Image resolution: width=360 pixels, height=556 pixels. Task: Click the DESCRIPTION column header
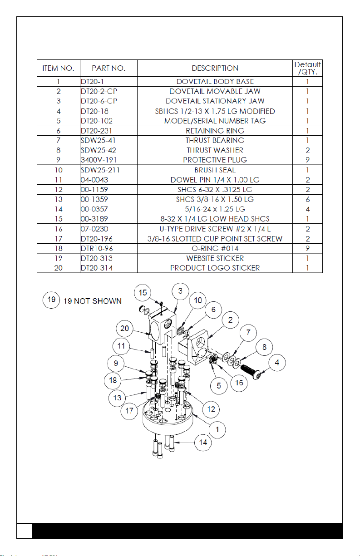pyautogui.click(x=215, y=68)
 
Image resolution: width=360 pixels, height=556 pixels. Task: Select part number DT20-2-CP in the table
pyautogui.click(x=99, y=91)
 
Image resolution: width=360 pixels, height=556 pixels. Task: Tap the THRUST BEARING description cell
pyautogui.click(x=215, y=141)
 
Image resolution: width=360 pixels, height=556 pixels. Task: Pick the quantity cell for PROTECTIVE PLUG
pyautogui.click(x=307, y=160)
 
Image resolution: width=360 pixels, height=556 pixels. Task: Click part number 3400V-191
pyautogui.click(x=99, y=160)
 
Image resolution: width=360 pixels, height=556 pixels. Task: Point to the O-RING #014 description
pyautogui.click(x=215, y=248)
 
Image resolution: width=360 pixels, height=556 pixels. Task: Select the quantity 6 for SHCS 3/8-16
pyautogui.click(x=307, y=199)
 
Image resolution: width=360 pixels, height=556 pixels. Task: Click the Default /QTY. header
pyautogui.click(x=307, y=68)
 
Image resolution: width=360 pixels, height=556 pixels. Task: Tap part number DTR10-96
pyautogui.click(x=97, y=248)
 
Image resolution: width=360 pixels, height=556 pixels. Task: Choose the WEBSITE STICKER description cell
pyautogui.click(x=215, y=258)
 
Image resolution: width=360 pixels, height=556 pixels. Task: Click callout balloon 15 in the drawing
pyautogui.click(x=143, y=293)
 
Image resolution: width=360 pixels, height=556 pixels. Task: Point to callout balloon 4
pyautogui.click(x=277, y=363)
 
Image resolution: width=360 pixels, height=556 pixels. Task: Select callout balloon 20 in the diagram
pyautogui.click(x=125, y=329)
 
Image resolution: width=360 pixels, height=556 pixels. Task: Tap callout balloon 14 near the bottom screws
pyautogui.click(x=203, y=443)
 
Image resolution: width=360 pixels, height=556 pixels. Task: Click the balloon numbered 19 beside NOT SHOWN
pyautogui.click(x=51, y=300)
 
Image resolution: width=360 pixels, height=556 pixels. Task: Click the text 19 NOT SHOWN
pyautogui.click(x=93, y=301)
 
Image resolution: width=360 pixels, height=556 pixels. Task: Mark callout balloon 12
pyautogui.click(x=211, y=409)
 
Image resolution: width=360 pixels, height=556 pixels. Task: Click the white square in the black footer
pyautogui.click(x=25, y=531)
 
